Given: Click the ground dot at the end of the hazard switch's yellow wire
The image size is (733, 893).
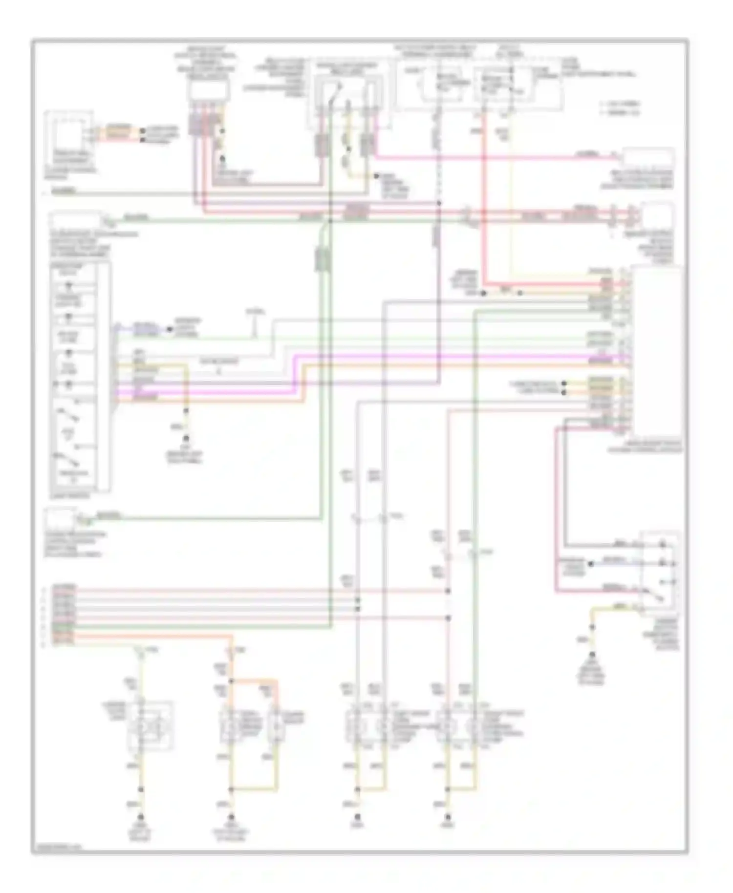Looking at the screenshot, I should click(592, 655).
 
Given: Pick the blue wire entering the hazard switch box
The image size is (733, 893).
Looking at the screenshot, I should click(611, 563).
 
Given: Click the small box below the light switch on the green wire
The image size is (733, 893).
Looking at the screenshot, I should click(61, 518).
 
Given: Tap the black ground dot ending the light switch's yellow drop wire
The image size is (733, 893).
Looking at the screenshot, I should click(186, 439).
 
